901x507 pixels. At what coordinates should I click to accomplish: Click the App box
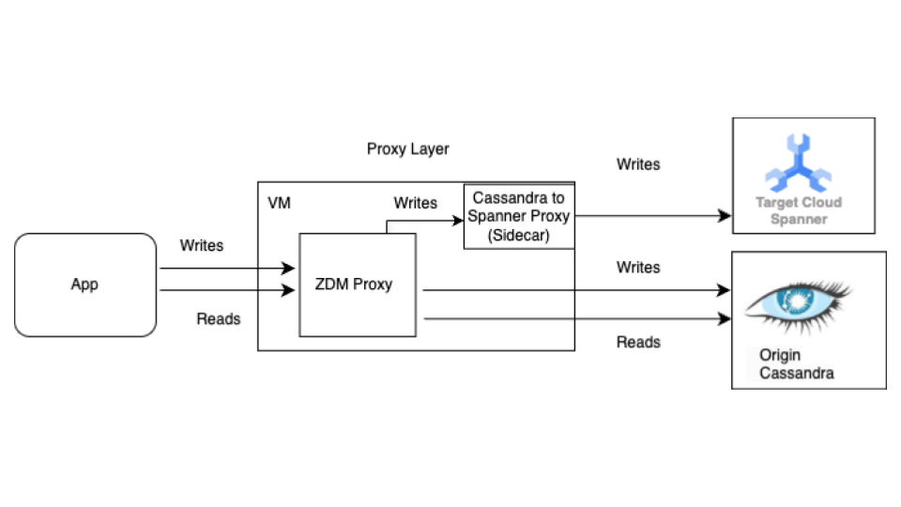click(x=84, y=284)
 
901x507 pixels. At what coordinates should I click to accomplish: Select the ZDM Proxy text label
click(x=353, y=284)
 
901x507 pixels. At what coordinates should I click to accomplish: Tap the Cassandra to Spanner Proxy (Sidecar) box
click(x=519, y=216)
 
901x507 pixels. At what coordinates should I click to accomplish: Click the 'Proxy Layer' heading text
click(x=407, y=149)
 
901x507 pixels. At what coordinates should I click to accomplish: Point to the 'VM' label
click(x=279, y=203)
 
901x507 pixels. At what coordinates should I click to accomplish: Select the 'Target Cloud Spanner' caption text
click(x=799, y=210)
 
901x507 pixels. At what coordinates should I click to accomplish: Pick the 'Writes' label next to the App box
click(x=202, y=245)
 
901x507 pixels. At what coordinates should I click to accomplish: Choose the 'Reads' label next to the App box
click(x=218, y=319)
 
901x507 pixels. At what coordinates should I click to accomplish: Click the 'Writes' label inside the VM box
click(x=415, y=203)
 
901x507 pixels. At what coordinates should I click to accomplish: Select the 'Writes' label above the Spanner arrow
click(x=637, y=164)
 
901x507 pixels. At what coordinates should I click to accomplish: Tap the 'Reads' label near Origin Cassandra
click(x=637, y=342)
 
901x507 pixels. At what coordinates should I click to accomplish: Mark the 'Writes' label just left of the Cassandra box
click(x=637, y=268)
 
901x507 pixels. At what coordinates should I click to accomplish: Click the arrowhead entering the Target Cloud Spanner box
click(x=725, y=216)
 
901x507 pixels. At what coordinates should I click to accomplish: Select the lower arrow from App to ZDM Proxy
click(x=225, y=290)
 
